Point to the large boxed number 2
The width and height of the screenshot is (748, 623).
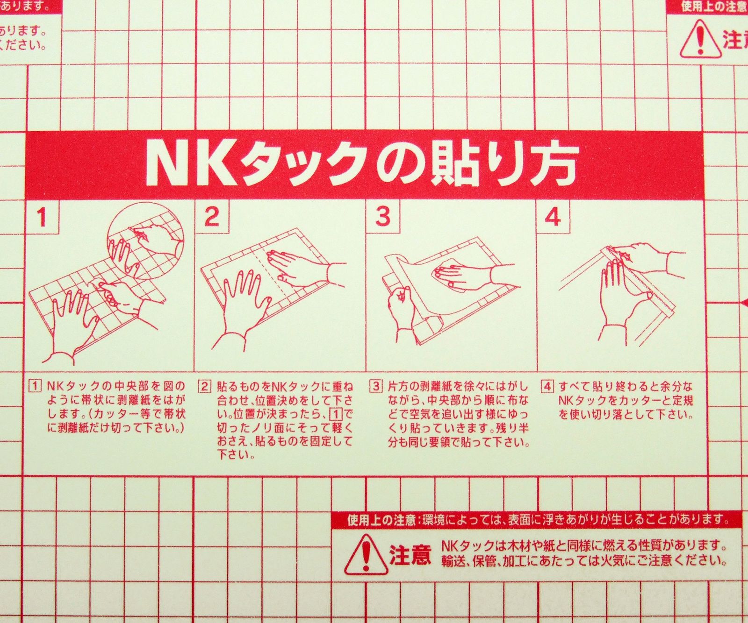[x=212, y=217]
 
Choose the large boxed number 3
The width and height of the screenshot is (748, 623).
[x=383, y=217]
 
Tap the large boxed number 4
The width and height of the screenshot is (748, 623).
[x=553, y=217]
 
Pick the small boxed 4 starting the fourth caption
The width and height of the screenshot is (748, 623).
[x=547, y=386]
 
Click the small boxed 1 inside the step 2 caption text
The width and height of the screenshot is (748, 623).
[x=336, y=414]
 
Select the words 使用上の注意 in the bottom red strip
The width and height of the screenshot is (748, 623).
[x=381, y=520]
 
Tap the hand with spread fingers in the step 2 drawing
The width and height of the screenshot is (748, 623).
[x=243, y=299]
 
